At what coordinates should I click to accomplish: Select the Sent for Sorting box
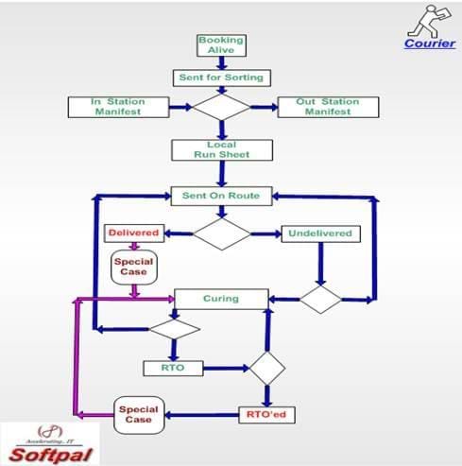[x=220, y=76]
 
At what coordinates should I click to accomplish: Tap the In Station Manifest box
[x=115, y=106]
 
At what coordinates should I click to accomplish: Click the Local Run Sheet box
[x=220, y=149]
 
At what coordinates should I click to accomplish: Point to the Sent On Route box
[x=220, y=196]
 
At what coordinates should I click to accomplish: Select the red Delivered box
[x=132, y=233]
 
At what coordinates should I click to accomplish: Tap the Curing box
[x=220, y=299]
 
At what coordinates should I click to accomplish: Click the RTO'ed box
[x=265, y=412]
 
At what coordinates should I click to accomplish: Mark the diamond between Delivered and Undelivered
[x=221, y=233]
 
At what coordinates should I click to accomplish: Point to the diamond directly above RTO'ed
[x=265, y=367]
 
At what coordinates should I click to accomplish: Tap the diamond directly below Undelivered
[x=321, y=299]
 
